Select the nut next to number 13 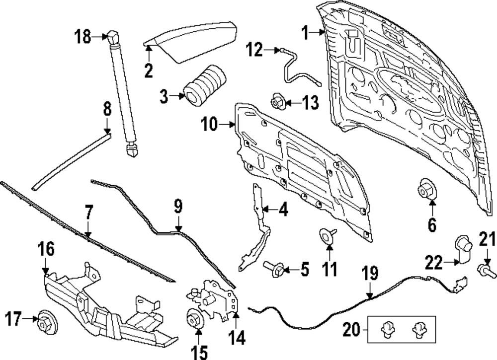click(x=276, y=102)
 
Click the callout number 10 click(x=210, y=124)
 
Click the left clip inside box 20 click(x=387, y=328)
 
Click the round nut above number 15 click(x=194, y=318)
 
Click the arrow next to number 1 click(x=318, y=33)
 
